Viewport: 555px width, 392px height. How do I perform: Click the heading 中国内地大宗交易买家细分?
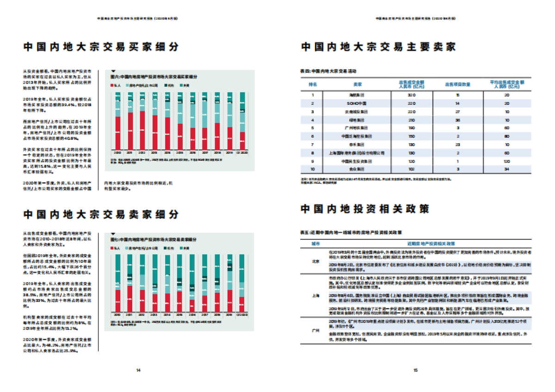(x=101, y=47)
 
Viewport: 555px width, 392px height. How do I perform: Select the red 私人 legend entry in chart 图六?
(x=116, y=86)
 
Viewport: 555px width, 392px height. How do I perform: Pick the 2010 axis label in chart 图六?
(x=117, y=152)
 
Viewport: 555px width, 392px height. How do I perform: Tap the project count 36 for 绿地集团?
(x=457, y=119)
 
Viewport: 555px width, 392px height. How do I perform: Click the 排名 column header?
(x=313, y=84)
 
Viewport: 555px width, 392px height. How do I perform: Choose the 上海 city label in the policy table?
(x=314, y=296)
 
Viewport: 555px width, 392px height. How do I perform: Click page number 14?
(x=138, y=370)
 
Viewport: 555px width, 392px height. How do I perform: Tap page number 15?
(x=415, y=370)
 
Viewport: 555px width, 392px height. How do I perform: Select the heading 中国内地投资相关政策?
(x=364, y=209)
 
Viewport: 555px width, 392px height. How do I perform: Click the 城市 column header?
(x=314, y=243)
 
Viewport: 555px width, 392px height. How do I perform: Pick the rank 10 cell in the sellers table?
(x=313, y=169)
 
